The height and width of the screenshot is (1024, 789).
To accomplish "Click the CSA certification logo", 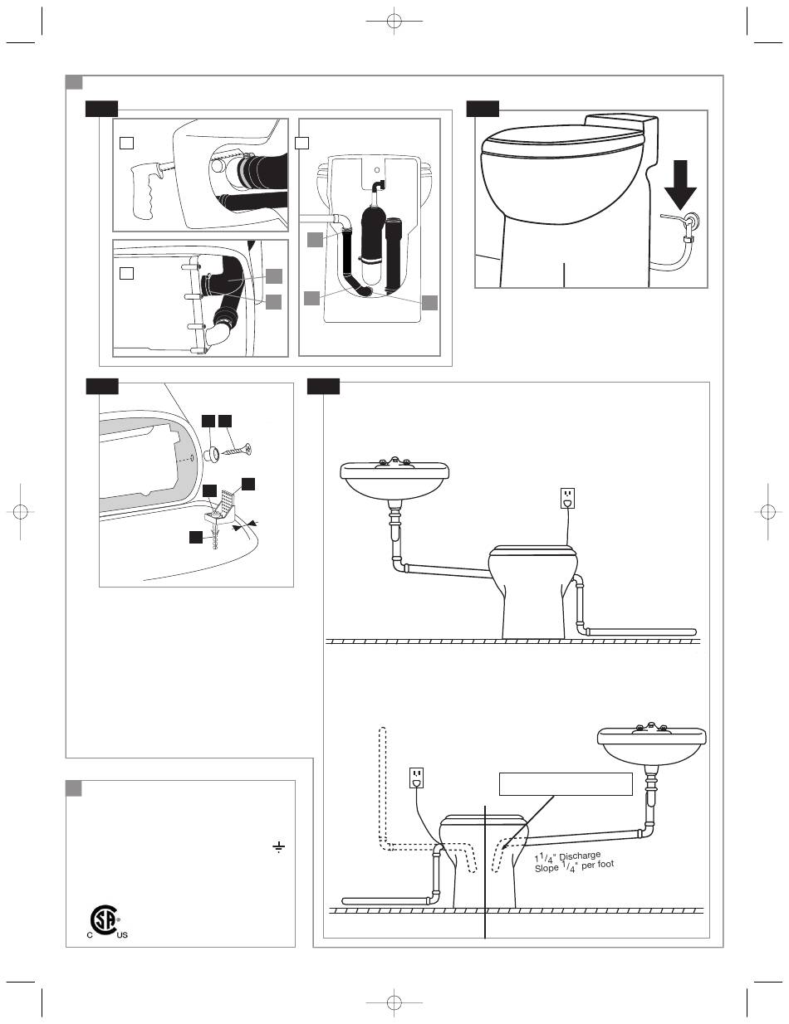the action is click(104, 919).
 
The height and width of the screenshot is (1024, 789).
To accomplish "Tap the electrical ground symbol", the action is click(279, 848).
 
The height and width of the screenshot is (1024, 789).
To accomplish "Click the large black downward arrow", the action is click(680, 184).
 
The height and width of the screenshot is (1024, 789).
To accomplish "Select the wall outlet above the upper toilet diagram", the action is click(567, 498).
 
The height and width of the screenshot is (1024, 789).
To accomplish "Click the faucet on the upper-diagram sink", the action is click(394, 462).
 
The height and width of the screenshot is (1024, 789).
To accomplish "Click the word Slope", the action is click(546, 867).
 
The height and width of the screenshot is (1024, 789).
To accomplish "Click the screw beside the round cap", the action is click(236, 450).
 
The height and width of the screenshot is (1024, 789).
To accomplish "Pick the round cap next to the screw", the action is click(212, 456).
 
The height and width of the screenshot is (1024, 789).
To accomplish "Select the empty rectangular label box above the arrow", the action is click(566, 783).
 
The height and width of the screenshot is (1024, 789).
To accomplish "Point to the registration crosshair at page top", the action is click(394, 21).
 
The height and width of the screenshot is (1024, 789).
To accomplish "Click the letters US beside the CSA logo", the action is click(122, 935).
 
